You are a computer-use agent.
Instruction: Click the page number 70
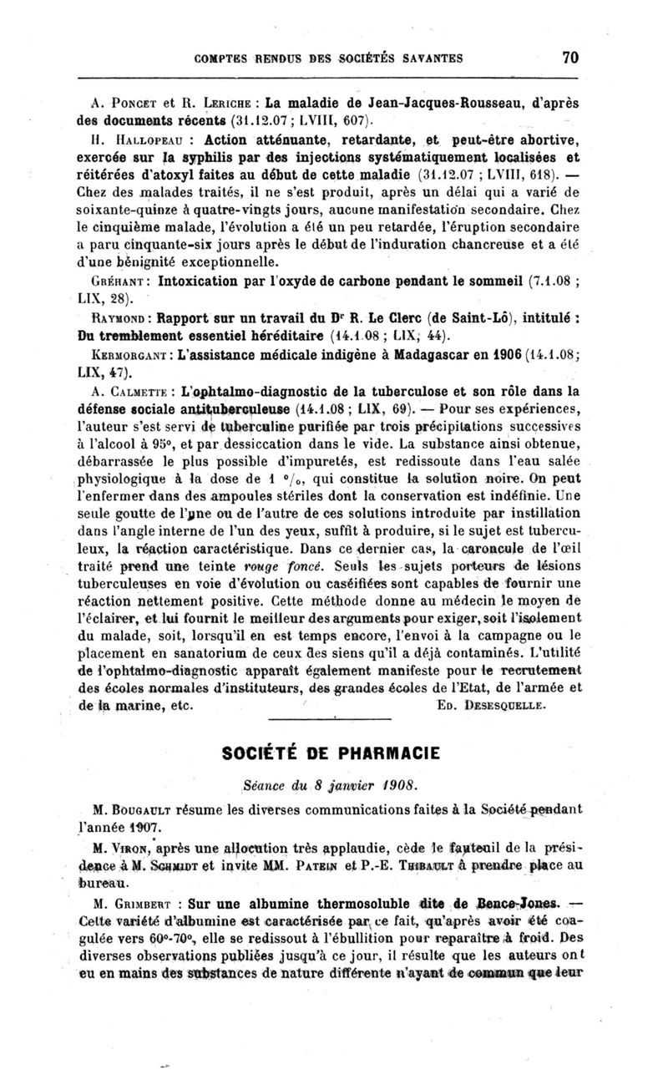tap(570, 58)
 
